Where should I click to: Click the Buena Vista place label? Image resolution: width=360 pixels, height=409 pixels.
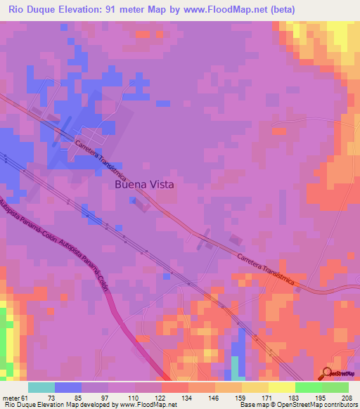point(143,185)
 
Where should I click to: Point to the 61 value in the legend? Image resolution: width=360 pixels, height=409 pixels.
point(27,397)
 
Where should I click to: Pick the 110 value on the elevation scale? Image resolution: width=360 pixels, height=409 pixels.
point(134,397)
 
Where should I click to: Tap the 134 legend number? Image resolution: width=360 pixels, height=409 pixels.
point(188,397)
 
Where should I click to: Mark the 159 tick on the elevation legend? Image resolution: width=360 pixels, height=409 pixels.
point(241,397)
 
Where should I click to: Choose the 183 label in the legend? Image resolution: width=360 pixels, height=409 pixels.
point(295,397)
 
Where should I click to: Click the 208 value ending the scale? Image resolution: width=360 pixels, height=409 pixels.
point(348,397)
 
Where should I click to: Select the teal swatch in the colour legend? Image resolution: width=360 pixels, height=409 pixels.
point(41,387)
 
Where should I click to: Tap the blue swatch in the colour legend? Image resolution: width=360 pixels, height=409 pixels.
point(67,387)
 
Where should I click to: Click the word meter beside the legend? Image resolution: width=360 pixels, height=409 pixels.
point(11,397)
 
